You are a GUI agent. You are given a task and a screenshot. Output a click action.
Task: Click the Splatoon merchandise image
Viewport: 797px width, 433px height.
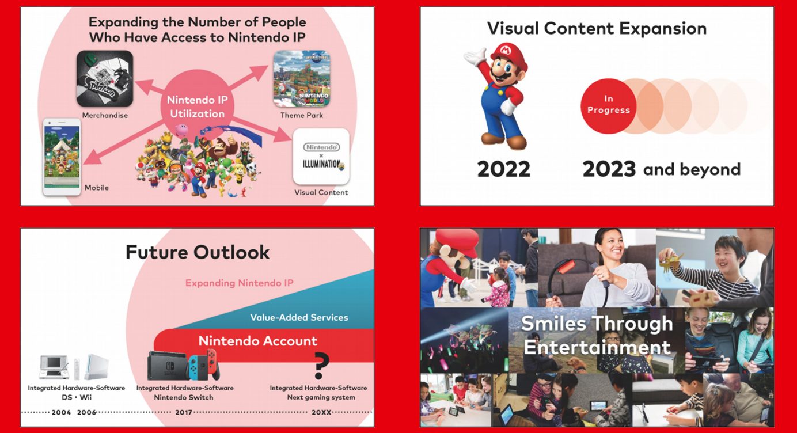[105, 78]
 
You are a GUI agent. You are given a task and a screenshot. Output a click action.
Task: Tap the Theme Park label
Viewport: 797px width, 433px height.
[302, 115]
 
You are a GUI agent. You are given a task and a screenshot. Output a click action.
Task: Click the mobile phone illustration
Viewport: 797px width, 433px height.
[62, 157]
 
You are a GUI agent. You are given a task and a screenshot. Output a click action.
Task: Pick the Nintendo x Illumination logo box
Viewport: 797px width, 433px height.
[321, 156]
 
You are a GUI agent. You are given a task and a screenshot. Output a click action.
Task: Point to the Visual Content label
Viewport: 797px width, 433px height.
[321, 192]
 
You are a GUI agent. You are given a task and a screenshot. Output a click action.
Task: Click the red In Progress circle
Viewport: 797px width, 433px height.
[609, 106]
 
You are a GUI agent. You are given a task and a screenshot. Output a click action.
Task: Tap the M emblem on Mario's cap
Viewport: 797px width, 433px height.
[505, 50]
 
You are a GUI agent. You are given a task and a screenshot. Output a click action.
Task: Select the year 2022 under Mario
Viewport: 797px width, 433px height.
[503, 169]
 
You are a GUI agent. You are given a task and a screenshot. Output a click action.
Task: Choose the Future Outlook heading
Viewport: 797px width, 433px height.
[198, 252]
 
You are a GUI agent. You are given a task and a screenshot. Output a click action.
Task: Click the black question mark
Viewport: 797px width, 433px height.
[321, 366]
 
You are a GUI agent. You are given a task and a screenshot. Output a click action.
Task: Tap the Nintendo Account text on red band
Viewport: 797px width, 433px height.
[257, 341]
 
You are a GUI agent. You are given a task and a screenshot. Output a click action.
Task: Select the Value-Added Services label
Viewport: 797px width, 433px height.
[299, 317]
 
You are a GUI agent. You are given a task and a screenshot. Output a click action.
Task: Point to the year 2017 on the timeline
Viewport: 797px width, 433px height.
[184, 412]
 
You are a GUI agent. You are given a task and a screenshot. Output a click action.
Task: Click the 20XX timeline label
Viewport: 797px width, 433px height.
[321, 412]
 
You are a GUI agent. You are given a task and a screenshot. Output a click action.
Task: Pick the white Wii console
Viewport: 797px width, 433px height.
[96, 366]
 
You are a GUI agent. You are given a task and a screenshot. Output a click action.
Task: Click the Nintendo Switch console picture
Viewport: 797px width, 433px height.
[184, 365]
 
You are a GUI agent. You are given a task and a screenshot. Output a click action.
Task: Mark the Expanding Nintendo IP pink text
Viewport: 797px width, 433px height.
[240, 283]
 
